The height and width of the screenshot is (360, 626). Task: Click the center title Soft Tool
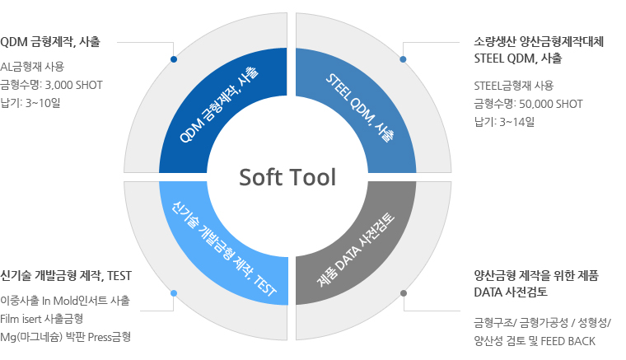point(287,177)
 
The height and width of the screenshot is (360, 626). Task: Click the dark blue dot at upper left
point(174,59)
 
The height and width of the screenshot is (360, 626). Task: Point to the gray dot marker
point(404,293)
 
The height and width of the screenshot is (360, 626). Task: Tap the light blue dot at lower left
point(174,293)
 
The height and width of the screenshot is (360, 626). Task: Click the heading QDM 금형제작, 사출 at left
point(50,41)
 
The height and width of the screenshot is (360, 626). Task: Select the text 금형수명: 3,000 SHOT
point(52,85)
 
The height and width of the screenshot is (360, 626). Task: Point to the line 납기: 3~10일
point(30,103)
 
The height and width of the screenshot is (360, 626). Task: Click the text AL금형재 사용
point(32,66)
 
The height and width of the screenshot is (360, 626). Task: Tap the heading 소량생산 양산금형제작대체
point(539,41)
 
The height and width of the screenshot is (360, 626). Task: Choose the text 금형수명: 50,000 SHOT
point(528,104)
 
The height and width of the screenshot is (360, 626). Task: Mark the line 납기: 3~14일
point(504,122)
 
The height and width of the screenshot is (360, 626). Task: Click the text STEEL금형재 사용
point(514,86)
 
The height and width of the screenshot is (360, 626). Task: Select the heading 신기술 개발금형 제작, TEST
point(66,276)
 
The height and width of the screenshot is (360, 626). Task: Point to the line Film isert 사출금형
point(41,319)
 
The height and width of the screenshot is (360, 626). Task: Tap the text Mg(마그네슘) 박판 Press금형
point(65,337)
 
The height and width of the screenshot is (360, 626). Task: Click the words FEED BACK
point(568,341)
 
